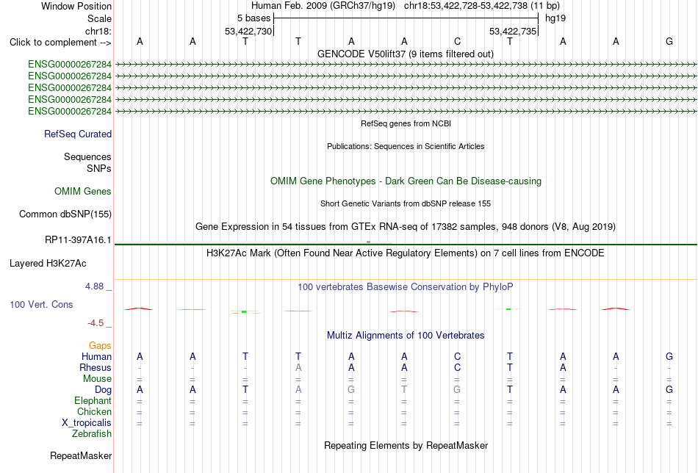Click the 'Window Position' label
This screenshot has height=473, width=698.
click(76, 6)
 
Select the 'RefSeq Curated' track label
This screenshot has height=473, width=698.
click(78, 134)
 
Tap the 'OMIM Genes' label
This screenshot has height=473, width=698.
click(83, 192)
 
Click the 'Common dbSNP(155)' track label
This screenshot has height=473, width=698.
click(65, 214)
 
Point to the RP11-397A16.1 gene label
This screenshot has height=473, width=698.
click(78, 240)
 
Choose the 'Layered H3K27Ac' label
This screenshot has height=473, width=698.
click(48, 264)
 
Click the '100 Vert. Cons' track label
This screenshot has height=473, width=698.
click(41, 304)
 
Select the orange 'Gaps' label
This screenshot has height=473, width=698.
click(100, 346)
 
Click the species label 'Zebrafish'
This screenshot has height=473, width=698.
click(92, 433)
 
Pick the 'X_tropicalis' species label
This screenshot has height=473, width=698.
click(87, 423)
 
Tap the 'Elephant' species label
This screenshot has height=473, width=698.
click(93, 400)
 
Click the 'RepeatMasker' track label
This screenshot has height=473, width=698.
click(81, 455)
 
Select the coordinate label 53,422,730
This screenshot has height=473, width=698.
click(248, 31)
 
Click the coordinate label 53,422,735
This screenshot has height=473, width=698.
click(513, 31)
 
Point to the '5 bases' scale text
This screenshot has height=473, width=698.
click(253, 18)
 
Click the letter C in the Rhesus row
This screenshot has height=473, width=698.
click(457, 367)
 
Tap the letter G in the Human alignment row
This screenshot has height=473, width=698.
click(669, 356)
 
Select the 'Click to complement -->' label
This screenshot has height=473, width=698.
click(60, 43)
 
